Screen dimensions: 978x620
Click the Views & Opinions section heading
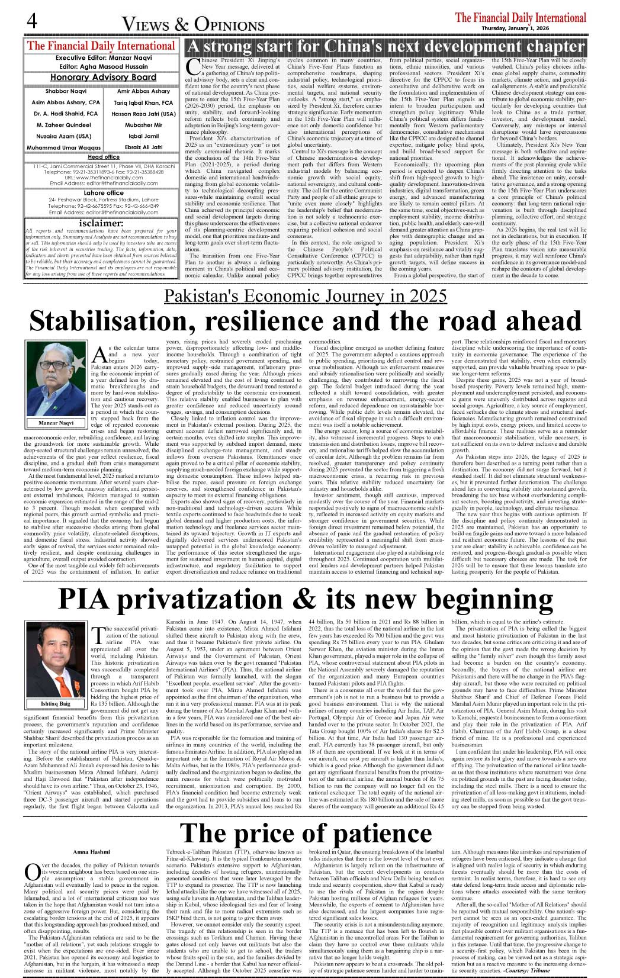[x=193, y=24]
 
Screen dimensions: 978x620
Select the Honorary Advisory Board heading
[x=103, y=77]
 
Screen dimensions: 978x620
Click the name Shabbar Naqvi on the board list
[x=66, y=92]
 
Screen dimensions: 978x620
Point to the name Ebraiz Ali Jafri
[x=144, y=147]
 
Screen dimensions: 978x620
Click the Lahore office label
[x=104, y=193]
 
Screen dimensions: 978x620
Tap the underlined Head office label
[x=104, y=157]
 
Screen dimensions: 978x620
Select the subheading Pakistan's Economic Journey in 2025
[x=305, y=296]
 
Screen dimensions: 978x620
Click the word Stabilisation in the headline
[x=103, y=321]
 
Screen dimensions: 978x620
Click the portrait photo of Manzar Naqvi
[x=56, y=379]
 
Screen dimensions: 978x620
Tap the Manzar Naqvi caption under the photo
[x=56, y=423]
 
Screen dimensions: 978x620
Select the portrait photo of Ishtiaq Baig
[x=56, y=661]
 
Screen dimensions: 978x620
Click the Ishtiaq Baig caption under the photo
[x=56, y=704]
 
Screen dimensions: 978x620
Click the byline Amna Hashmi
[x=92, y=852]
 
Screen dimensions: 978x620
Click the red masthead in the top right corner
[x=521, y=18]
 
